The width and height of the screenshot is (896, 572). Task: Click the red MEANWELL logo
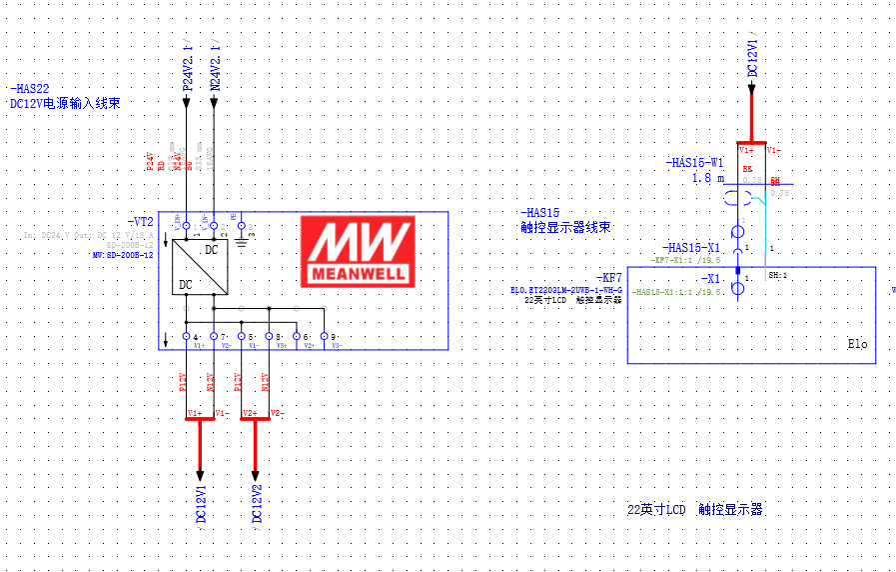coord(359,251)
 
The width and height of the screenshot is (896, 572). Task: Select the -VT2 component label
coord(140,221)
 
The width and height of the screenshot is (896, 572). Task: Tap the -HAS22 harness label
coord(29,89)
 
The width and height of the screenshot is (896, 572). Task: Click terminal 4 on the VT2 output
coord(187,337)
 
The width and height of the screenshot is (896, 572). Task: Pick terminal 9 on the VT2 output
coord(325,337)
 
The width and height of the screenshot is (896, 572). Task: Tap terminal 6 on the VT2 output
coord(297,337)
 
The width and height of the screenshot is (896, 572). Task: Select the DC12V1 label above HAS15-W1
coord(753,57)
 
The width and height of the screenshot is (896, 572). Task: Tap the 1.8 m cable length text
coord(707,177)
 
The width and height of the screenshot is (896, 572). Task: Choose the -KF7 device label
coord(608,277)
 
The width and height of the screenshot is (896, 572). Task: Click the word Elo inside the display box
coord(857,344)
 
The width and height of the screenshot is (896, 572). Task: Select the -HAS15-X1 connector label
coord(691,247)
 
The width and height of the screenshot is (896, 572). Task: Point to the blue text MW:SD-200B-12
coord(122,255)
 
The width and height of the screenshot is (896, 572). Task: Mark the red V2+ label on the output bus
coord(250,413)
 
